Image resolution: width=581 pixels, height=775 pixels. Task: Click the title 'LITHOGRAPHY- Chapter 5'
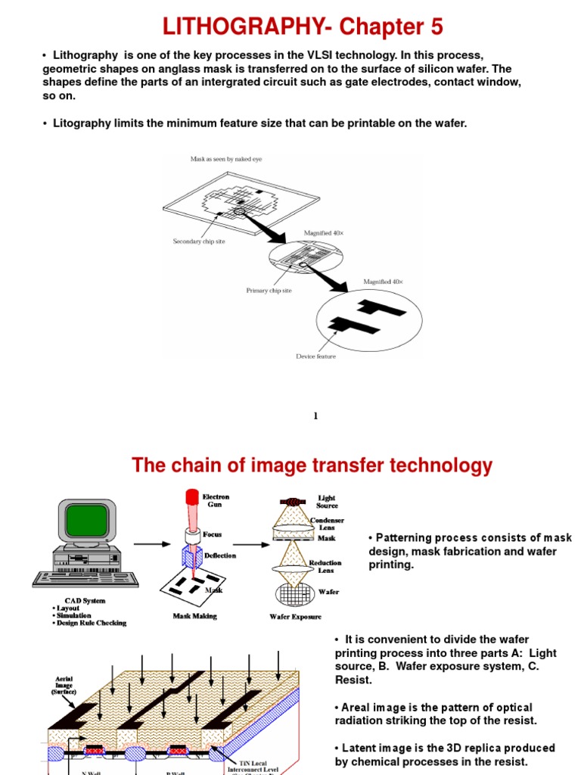point(303,27)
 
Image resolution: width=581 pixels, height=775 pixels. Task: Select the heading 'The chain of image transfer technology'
point(312,465)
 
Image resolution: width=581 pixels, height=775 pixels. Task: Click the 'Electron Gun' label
point(216,501)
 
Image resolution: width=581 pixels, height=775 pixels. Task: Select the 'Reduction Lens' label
point(325,567)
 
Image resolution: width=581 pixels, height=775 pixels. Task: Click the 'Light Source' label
point(327,502)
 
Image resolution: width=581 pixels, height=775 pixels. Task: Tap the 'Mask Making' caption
point(194,616)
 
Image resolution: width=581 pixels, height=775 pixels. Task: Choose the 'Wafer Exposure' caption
point(296,617)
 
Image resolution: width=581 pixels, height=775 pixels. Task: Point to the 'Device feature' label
point(315,356)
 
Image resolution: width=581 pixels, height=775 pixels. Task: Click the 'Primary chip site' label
point(269,290)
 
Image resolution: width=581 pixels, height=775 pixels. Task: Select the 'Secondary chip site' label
point(199,241)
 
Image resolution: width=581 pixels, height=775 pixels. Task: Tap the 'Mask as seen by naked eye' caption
point(226,159)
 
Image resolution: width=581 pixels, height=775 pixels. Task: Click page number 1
point(315,416)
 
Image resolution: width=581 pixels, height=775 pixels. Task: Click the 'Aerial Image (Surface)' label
point(64,686)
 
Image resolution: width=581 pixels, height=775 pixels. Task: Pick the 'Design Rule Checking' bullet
point(92,624)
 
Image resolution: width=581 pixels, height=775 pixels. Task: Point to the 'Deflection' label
point(220,556)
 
